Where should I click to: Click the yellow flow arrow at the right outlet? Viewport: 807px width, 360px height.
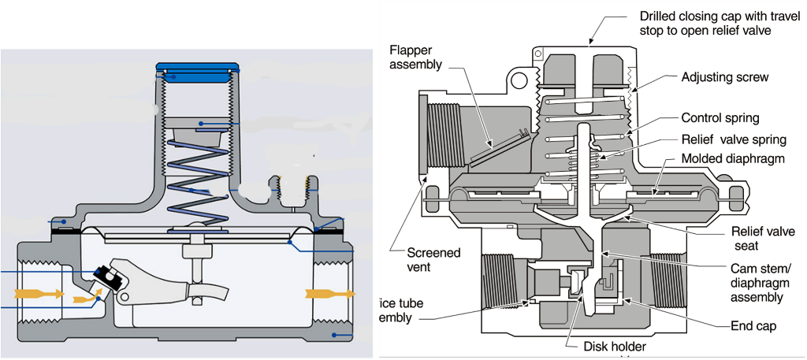(325, 294)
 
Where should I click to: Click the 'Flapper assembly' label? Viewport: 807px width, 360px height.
(416, 58)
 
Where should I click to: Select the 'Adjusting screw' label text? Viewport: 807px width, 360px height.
(724, 78)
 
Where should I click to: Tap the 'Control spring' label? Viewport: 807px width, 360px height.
(720, 118)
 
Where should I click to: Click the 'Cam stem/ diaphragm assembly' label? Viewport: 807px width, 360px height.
(757, 282)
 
